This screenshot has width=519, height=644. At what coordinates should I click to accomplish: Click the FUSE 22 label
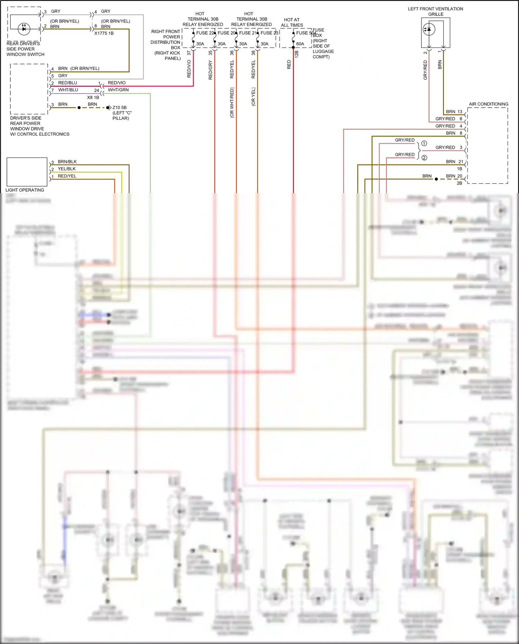205,33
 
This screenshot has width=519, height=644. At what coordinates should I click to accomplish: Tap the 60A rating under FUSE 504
300,44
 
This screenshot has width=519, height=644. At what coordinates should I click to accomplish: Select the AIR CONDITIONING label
488,104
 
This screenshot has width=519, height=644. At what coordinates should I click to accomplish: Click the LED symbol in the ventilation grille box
429,29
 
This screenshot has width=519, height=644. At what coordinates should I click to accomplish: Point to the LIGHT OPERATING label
25,190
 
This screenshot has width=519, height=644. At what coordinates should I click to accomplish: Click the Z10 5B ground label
119,108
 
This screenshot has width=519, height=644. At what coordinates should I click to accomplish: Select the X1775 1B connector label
104,33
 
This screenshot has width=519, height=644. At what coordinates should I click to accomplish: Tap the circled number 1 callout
424,143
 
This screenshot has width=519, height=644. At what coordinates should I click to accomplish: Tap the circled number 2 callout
424,158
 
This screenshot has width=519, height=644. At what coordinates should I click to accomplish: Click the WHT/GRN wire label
118,90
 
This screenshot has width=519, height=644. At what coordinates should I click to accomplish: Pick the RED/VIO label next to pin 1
117,83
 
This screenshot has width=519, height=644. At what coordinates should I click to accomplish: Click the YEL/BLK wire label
67,169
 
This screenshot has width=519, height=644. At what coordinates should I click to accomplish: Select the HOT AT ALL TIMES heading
292,22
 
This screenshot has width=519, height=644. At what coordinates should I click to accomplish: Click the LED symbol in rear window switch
24,29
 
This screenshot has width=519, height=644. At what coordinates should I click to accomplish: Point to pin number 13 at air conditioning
460,111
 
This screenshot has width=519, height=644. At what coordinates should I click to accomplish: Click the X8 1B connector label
93,98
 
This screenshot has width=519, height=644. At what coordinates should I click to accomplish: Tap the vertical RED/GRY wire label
210,70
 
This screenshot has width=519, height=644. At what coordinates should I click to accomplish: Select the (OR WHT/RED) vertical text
232,102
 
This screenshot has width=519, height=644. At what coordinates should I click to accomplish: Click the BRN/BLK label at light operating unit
67,162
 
